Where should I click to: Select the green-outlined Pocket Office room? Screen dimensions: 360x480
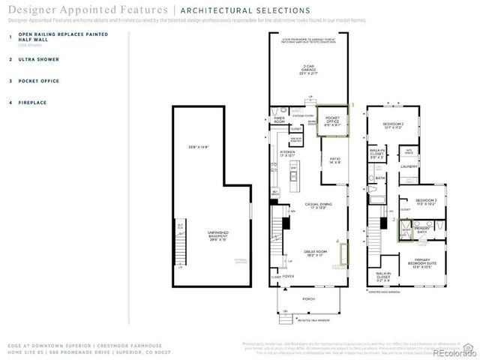[331, 121]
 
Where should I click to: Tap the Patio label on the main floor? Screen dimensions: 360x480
[335, 160]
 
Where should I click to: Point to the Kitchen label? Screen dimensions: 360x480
[288, 153]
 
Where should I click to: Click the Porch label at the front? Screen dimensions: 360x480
[308, 298]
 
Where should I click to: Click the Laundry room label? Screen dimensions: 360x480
[408, 166]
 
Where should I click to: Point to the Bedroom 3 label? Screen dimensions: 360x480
[416, 201]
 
